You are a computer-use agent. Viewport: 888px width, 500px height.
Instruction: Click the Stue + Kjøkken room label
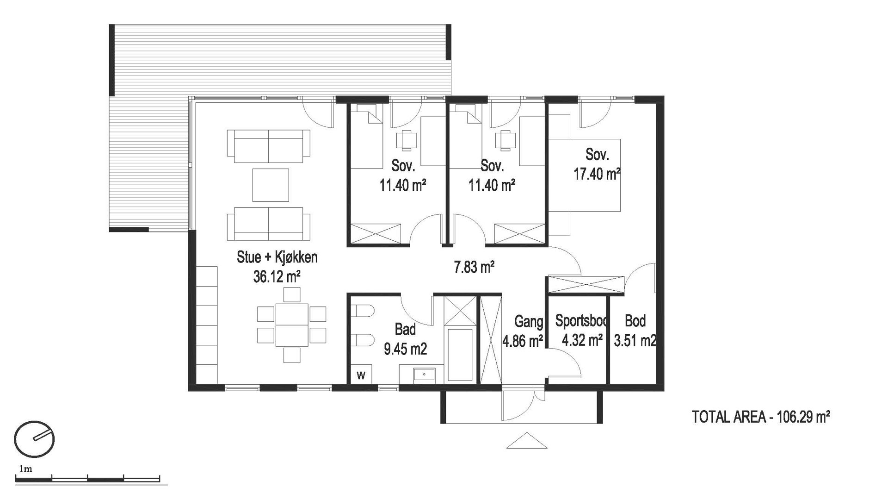277,257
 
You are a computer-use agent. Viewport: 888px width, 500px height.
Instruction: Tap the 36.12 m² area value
277,277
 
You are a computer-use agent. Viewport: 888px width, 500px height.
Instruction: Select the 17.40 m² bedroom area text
597,174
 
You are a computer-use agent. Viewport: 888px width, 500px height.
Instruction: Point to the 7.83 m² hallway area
475,267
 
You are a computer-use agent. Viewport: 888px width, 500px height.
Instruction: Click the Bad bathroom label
405,329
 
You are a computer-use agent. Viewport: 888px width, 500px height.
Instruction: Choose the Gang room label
529,321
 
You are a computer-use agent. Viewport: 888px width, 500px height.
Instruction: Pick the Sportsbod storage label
582,320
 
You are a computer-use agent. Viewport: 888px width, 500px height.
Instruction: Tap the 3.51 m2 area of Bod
635,341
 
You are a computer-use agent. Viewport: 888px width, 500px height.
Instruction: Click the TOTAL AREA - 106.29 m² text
761,417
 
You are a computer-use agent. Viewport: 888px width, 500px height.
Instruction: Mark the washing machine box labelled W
361,375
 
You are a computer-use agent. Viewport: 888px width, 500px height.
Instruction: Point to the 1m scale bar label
25,469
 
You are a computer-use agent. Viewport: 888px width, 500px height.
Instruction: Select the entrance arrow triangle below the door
526,441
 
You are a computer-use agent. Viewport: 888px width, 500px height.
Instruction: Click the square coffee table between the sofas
271,185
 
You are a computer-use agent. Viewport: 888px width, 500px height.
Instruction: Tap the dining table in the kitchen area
291,325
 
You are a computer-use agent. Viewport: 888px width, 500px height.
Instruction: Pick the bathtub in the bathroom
460,355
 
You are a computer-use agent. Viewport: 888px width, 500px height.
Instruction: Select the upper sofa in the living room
268,146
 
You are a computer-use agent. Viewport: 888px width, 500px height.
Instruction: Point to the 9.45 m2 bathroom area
405,349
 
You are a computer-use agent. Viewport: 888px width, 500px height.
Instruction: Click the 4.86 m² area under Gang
523,341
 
